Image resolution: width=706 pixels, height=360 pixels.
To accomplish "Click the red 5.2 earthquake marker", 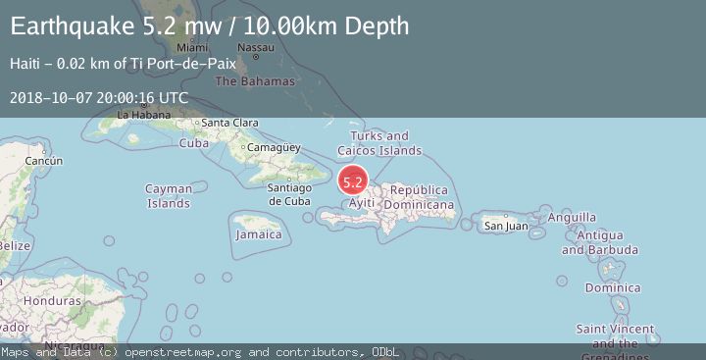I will (353, 181).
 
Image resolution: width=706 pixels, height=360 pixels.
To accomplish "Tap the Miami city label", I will (193, 47).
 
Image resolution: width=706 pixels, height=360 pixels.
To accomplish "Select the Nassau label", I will (255, 47).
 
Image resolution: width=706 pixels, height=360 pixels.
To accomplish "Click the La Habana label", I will (136, 115).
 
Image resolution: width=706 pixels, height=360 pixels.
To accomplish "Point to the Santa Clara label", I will (229, 123).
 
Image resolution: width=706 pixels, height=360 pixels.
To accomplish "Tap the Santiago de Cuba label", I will (289, 194).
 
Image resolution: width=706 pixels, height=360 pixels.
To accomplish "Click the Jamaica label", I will (259, 234).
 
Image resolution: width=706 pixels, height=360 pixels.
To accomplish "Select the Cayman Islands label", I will (169, 196).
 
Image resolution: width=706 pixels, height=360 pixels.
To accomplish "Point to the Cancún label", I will (44, 160).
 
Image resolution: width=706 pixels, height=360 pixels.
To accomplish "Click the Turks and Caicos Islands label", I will (379, 143).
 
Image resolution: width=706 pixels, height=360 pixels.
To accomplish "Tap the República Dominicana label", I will (419, 197).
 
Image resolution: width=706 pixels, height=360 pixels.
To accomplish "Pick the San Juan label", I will (506, 227).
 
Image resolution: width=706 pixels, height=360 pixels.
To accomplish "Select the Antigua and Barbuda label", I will (607, 242).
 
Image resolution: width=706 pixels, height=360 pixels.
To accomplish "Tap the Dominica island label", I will (613, 288).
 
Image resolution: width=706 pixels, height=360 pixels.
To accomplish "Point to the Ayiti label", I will (362, 203).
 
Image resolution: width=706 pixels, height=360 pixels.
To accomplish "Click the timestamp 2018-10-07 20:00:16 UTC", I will (99, 98).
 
